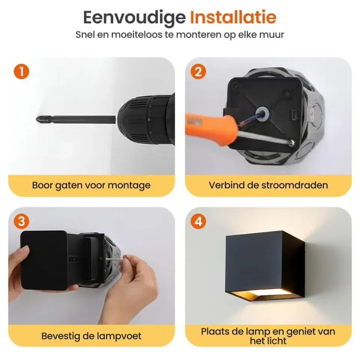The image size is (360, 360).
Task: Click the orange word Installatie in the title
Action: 233,17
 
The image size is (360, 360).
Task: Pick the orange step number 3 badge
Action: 21,222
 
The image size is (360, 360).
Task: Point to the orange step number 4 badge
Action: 198,222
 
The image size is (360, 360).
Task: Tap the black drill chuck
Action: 146,120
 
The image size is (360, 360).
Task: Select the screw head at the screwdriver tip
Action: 292,142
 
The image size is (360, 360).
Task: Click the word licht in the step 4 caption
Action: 277,341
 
